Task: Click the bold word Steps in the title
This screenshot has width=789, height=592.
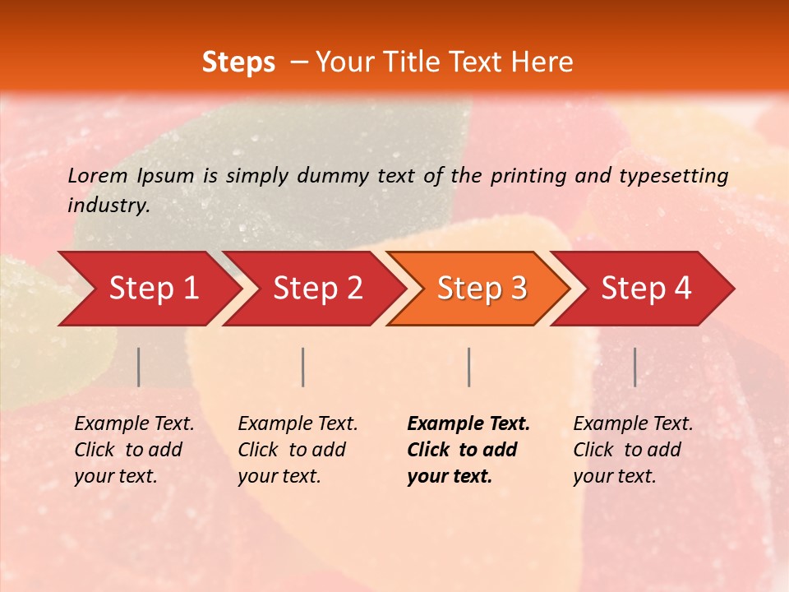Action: click(x=238, y=62)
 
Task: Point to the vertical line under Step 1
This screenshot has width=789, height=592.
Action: click(x=139, y=367)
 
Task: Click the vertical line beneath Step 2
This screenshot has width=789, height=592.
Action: click(x=303, y=367)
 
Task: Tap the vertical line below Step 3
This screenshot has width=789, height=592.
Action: click(x=468, y=367)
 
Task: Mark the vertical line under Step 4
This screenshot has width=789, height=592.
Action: click(x=634, y=367)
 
